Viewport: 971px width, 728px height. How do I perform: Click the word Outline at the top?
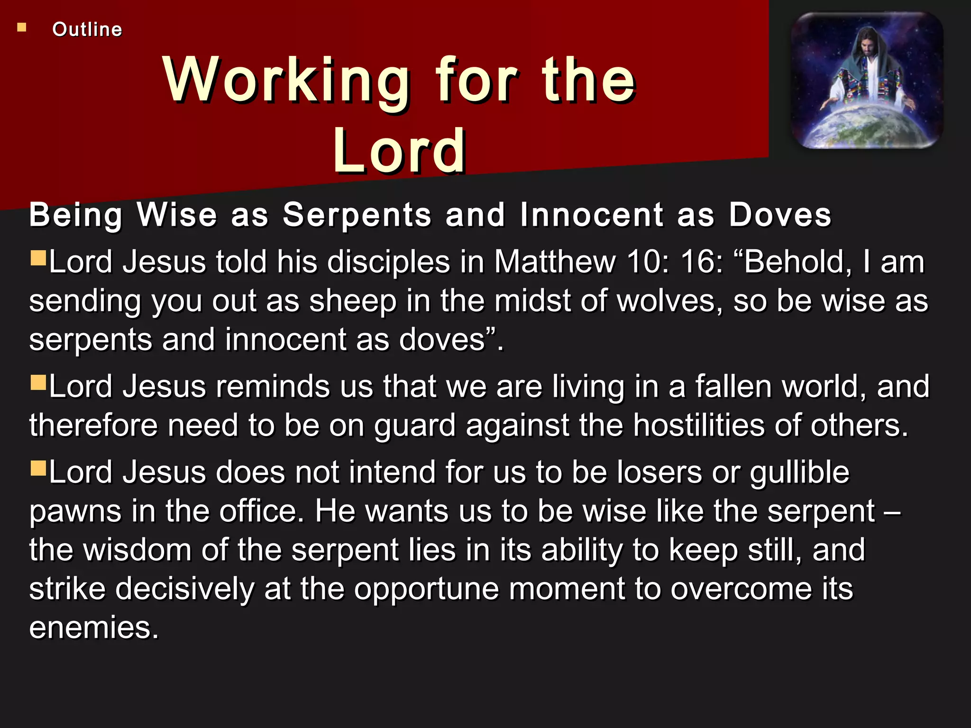[87, 29]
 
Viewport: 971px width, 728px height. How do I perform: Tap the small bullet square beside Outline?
[22, 27]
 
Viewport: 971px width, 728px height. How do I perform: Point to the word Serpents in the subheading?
[357, 215]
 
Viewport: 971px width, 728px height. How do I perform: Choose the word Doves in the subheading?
[780, 215]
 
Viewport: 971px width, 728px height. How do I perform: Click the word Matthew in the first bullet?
[555, 262]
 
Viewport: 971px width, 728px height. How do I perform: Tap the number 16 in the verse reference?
[702, 262]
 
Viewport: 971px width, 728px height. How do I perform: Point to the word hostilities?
[699, 425]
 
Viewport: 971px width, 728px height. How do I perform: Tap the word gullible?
[800, 472]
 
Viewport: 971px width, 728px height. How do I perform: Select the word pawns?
[75, 511]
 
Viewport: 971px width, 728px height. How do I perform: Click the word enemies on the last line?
[93, 628]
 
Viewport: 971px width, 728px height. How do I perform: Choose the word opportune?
[427, 589]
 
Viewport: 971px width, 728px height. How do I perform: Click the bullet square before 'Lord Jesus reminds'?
[38, 382]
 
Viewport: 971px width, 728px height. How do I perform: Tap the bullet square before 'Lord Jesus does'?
[38, 468]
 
